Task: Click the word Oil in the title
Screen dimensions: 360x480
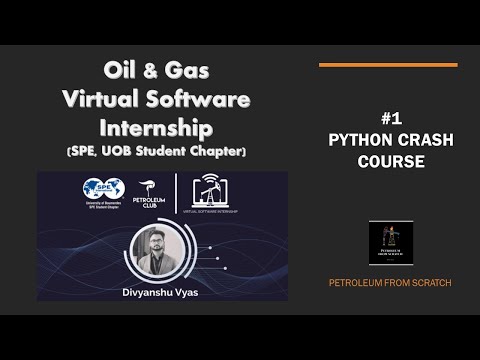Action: pos(119,71)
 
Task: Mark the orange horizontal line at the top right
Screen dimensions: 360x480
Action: pos(388,65)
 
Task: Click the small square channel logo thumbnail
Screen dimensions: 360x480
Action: pos(390,243)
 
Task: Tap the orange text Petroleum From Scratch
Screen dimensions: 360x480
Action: pos(390,283)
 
